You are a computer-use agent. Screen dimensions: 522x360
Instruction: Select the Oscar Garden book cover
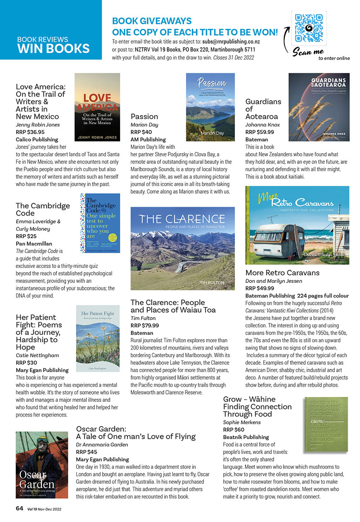42,464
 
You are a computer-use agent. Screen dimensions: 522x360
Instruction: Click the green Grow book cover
325,425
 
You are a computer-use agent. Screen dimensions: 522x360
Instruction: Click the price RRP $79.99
145,325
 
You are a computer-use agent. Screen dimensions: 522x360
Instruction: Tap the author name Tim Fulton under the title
143,318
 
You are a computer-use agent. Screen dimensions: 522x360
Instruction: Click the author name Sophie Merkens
242,422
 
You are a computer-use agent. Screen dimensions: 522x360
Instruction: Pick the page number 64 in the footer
19,508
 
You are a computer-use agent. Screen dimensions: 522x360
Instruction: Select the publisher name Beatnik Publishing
246,437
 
